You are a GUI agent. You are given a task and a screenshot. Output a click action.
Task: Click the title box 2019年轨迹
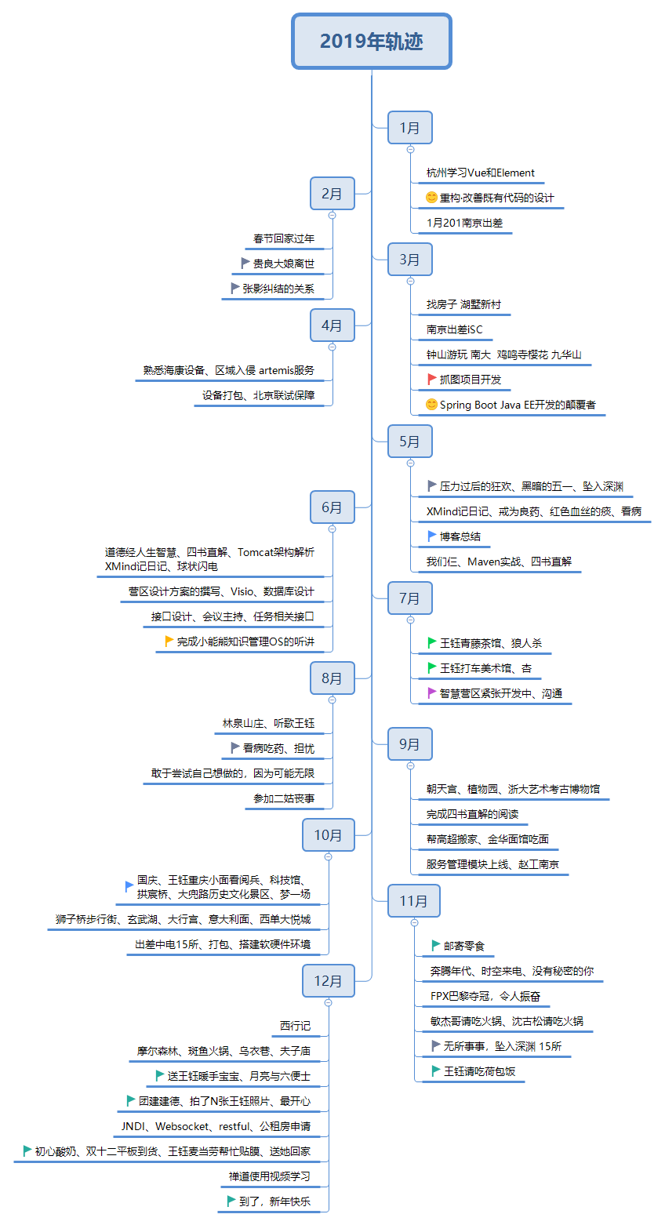(372, 41)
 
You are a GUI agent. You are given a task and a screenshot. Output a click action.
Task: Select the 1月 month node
(409, 127)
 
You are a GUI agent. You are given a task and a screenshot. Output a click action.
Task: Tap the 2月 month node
(332, 193)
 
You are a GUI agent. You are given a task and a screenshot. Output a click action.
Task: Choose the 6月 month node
(332, 507)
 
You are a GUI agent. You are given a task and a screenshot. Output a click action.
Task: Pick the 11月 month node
(413, 900)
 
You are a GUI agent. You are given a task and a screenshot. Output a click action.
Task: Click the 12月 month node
(328, 980)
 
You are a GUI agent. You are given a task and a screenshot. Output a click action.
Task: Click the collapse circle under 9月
(410, 765)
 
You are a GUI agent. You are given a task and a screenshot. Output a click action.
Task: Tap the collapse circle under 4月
(332, 347)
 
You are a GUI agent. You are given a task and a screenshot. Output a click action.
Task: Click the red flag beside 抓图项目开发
(431, 379)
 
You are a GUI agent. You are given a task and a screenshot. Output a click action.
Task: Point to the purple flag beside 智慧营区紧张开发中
(431, 692)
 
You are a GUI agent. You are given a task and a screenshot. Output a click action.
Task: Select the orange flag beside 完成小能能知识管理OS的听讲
(169, 641)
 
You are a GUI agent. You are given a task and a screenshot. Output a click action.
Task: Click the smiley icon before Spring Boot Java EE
(431, 405)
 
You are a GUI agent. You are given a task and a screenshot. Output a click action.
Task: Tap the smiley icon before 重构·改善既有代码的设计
(431, 198)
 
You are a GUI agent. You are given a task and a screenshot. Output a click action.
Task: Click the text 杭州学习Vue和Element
(480, 173)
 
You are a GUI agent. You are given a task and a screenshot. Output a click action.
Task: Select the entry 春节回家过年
(283, 238)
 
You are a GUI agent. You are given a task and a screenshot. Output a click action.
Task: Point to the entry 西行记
(295, 1026)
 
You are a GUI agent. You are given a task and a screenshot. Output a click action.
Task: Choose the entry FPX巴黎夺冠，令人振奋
(485, 996)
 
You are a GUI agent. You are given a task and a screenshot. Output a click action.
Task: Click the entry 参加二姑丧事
(283, 798)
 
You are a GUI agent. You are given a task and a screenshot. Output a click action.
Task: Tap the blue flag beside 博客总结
(431, 536)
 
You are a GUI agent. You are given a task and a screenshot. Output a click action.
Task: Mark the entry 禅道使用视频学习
(269, 1176)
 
